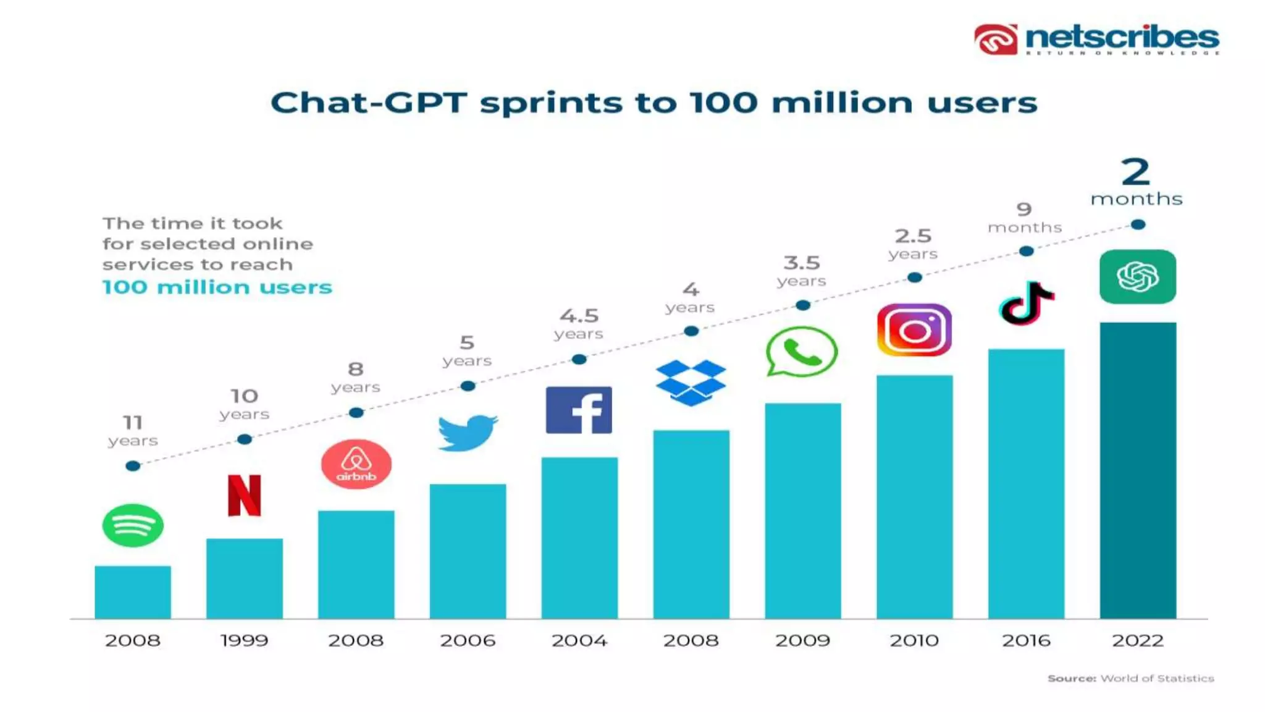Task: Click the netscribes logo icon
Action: tap(996, 40)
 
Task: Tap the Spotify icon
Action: tap(133, 525)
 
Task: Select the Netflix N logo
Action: tap(245, 495)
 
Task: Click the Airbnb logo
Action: tap(356, 464)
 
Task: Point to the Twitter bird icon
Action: tap(468, 433)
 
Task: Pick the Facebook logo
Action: tap(579, 410)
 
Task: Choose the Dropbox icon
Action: tap(691, 383)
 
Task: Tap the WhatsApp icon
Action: tap(801, 352)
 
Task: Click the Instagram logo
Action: tap(914, 330)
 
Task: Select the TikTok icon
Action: tap(1026, 303)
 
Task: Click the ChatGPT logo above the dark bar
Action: tap(1138, 276)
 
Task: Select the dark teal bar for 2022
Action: tap(1138, 470)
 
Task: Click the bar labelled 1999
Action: tap(245, 578)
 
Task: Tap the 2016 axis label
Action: tap(1026, 640)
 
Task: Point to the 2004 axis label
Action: tap(579, 640)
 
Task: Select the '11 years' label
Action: tap(133, 431)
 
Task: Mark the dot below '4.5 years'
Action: tap(579, 359)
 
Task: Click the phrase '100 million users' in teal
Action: tap(217, 287)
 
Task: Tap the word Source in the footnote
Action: tap(1072, 679)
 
